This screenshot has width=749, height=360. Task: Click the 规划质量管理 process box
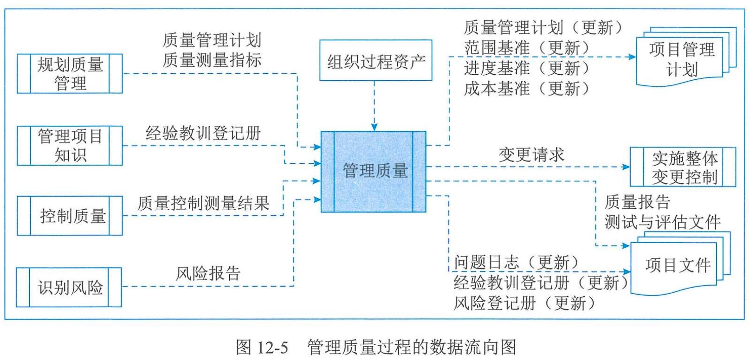pos(70,74)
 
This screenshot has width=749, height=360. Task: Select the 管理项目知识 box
pos(70,145)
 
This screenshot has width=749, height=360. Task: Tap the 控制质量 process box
pos(70,216)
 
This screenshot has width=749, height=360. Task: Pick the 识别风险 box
pos(69,287)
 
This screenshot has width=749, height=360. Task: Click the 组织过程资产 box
pos(376,60)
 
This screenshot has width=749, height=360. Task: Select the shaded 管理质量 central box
pos(374,172)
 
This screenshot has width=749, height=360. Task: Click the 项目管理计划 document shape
pos(686,57)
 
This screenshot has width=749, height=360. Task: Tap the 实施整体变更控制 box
pos(683,167)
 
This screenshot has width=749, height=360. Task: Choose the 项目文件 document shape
pos(680,264)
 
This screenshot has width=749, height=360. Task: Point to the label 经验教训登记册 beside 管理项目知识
pos(203,133)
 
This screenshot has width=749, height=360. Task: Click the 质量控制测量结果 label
pos(203,203)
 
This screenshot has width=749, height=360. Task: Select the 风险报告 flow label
pos(208,273)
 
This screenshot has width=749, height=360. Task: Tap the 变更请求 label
pos(531,155)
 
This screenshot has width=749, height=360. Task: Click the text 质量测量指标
pos(212,60)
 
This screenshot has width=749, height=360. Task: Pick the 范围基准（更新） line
pos(527,48)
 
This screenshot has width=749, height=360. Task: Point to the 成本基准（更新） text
pos(527,89)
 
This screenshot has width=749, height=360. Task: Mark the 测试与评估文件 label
pos(662,222)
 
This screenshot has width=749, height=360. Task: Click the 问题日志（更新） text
pos(517,262)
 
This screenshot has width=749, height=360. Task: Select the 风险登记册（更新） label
pos(525,303)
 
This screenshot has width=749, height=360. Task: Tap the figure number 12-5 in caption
pos(271,347)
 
